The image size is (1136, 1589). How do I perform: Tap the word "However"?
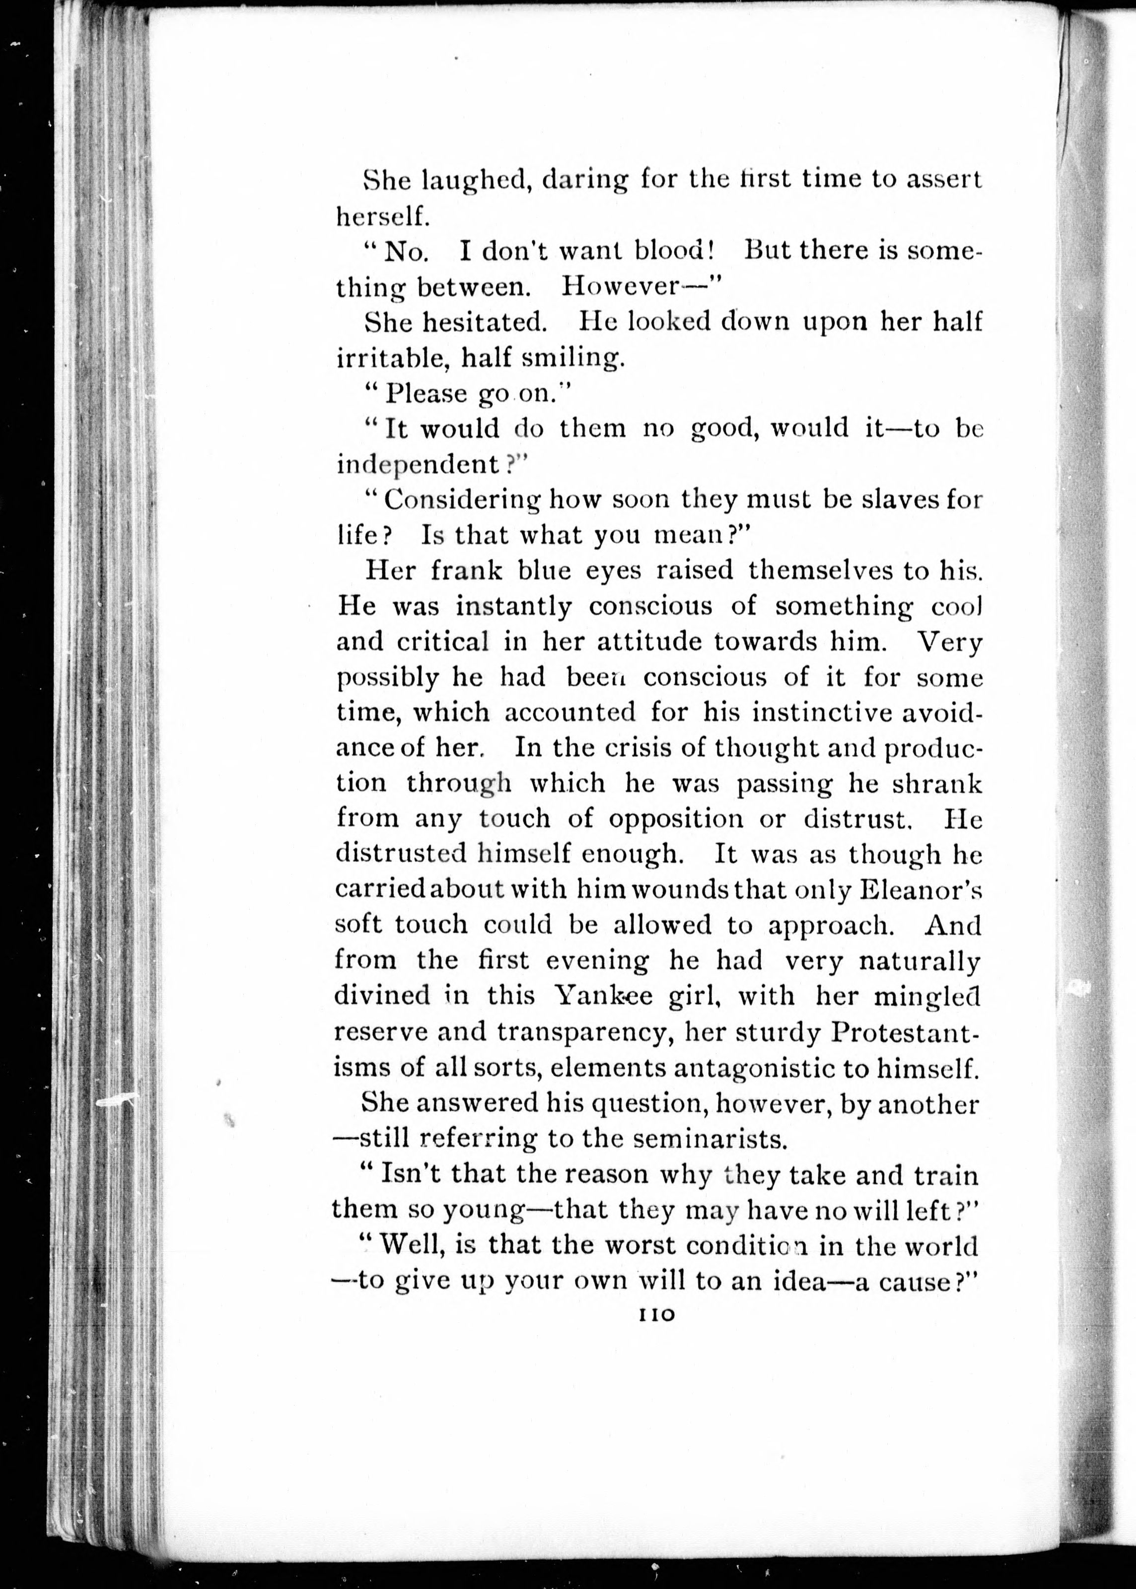coord(621,286)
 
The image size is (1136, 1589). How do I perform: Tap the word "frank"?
coord(466,571)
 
